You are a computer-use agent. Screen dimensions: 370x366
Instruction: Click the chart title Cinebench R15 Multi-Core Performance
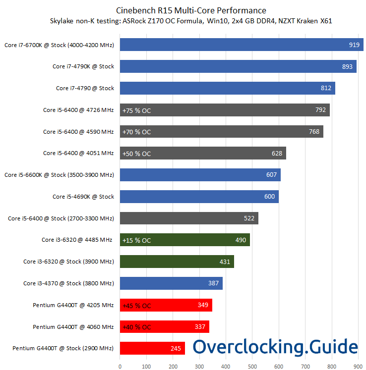(x=191, y=10)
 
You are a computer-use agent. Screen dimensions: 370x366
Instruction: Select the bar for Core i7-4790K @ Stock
(x=238, y=66)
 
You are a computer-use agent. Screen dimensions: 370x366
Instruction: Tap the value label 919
(x=354, y=45)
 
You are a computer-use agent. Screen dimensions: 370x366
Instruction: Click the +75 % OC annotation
(x=136, y=110)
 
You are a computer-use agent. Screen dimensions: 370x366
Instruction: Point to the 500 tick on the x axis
(x=252, y=367)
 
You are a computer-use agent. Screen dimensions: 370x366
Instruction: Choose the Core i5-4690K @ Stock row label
(x=83, y=197)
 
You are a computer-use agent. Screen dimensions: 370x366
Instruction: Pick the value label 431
(x=225, y=262)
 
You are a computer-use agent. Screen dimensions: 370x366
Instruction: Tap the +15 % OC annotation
(x=136, y=240)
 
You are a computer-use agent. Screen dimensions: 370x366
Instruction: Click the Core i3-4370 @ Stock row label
(x=69, y=283)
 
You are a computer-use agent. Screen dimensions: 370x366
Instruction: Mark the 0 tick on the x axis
(x=120, y=367)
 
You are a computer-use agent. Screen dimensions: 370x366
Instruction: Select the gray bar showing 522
(x=188, y=218)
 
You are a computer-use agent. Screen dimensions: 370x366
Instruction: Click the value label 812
(x=326, y=88)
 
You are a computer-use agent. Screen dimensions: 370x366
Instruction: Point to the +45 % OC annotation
(x=136, y=305)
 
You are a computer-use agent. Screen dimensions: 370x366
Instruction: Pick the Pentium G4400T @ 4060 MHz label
(x=73, y=327)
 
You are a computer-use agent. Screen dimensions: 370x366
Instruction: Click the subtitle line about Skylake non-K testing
(x=191, y=21)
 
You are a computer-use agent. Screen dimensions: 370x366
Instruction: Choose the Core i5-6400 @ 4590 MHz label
(x=78, y=132)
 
